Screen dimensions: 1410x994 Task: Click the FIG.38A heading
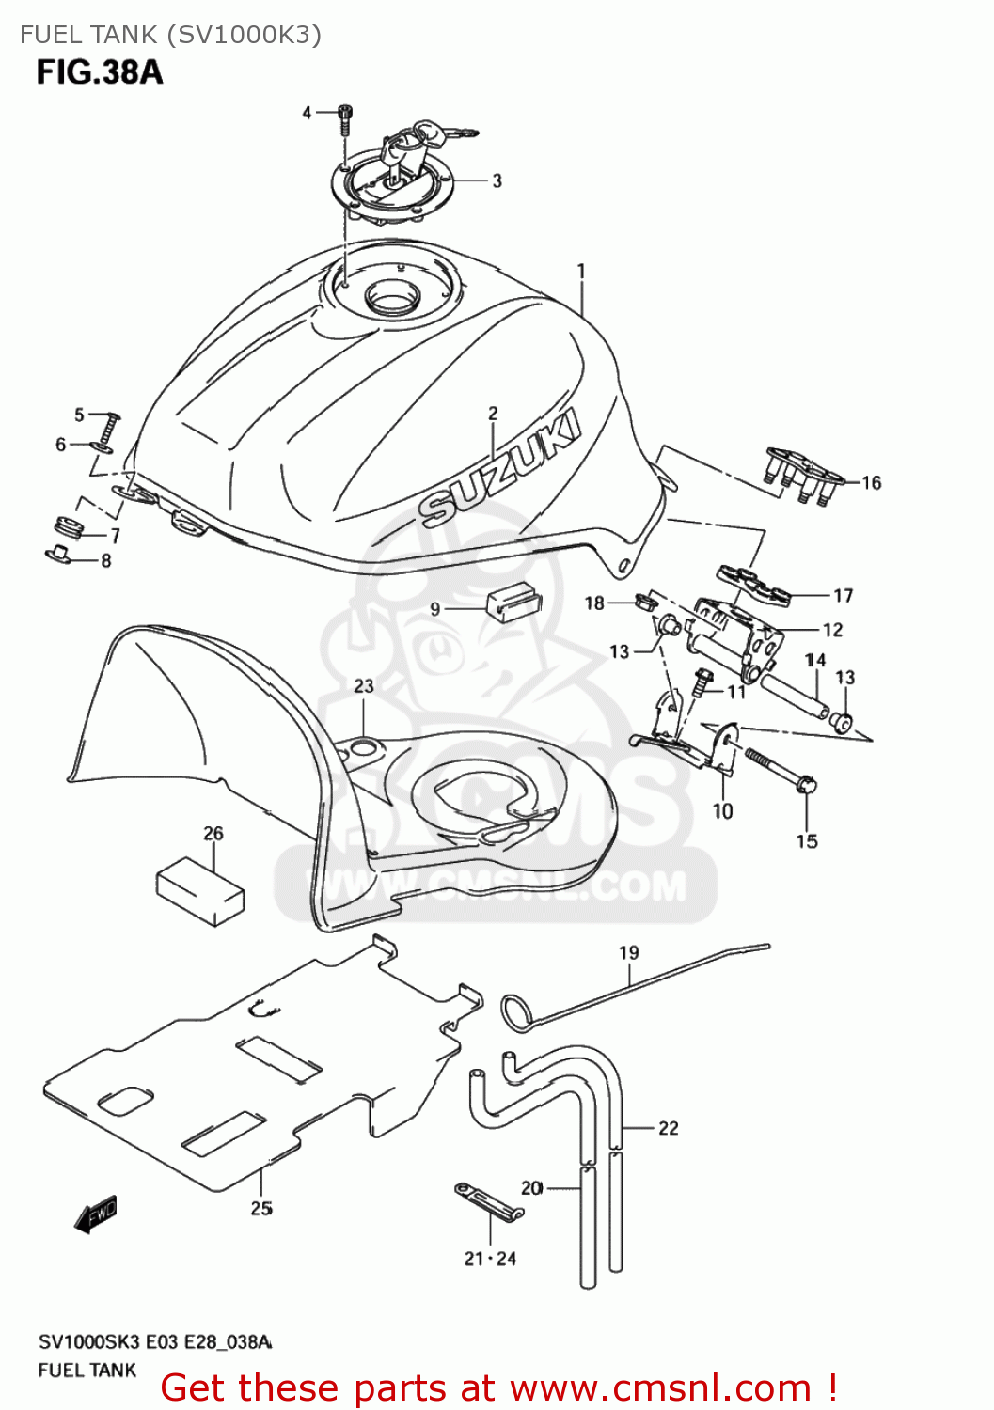pos(100,71)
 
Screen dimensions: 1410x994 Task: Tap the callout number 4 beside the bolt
pos(307,113)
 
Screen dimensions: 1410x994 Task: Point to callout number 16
pos(871,482)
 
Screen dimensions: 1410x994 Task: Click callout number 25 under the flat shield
pos(261,1208)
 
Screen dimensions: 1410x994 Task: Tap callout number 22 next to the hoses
pos(668,1128)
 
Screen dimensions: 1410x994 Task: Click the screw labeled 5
pos(109,431)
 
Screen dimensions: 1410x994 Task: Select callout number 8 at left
pos(105,560)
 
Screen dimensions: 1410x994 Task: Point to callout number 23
pos(364,686)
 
